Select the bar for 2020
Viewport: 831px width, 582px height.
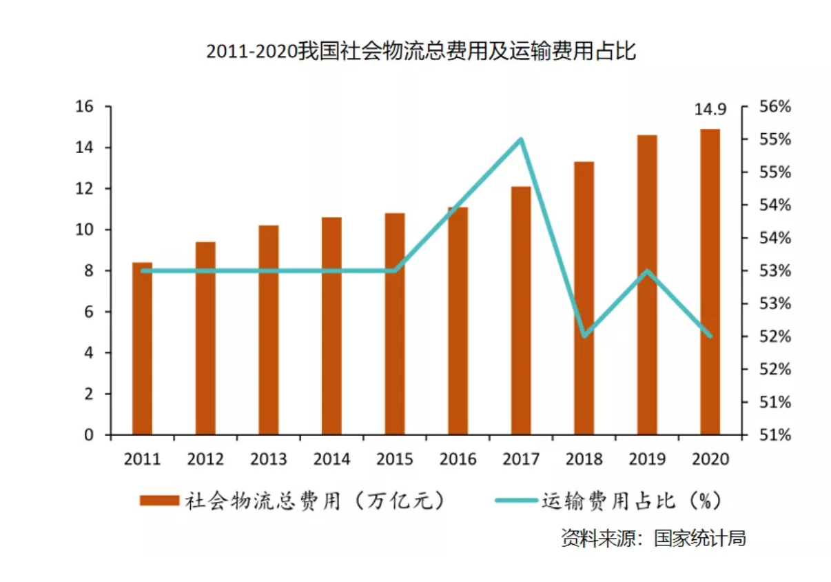pyautogui.click(x=710, y=282)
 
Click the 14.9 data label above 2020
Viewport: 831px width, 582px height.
pyautogui.click(x=710, y=110)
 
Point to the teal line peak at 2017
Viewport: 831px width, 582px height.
pyautogui.click(x=521, y=139)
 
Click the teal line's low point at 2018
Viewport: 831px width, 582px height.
pyautogui.click(x=584, y=336)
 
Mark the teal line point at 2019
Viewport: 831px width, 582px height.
pyautogui.click(x=647, y=270)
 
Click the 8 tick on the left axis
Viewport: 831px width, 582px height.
pyautogui.click(x=88, y=271)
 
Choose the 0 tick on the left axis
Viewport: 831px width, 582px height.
pyautogui.click(x=88, y=435)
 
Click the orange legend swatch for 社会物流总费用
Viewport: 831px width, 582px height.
pyautogui.click(x=159, y=501)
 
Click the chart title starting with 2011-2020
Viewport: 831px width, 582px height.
pyautogui.click(x=421, y=52)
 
